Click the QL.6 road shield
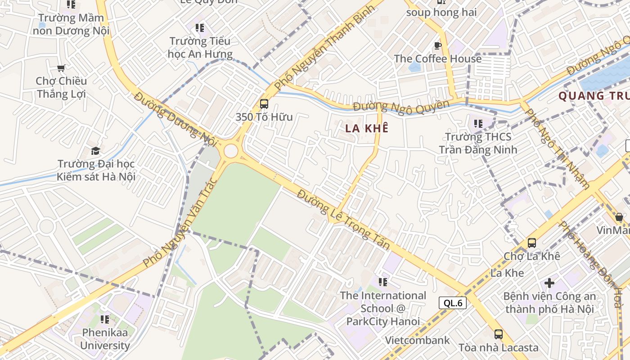453,303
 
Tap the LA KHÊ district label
367,128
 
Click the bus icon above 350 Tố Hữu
264,104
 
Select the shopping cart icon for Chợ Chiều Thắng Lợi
61,68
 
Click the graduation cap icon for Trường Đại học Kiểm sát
95,151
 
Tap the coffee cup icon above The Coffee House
437,45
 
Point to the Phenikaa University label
105,339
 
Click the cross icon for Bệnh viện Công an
549,283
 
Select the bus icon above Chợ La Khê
531,243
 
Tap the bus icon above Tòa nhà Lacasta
498,334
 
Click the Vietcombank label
417,340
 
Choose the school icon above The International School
383,282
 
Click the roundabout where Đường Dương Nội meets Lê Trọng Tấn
230,151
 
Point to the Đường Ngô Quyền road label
401,106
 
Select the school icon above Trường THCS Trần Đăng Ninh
478,123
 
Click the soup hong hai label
441,12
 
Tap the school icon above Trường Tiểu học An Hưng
200,28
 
